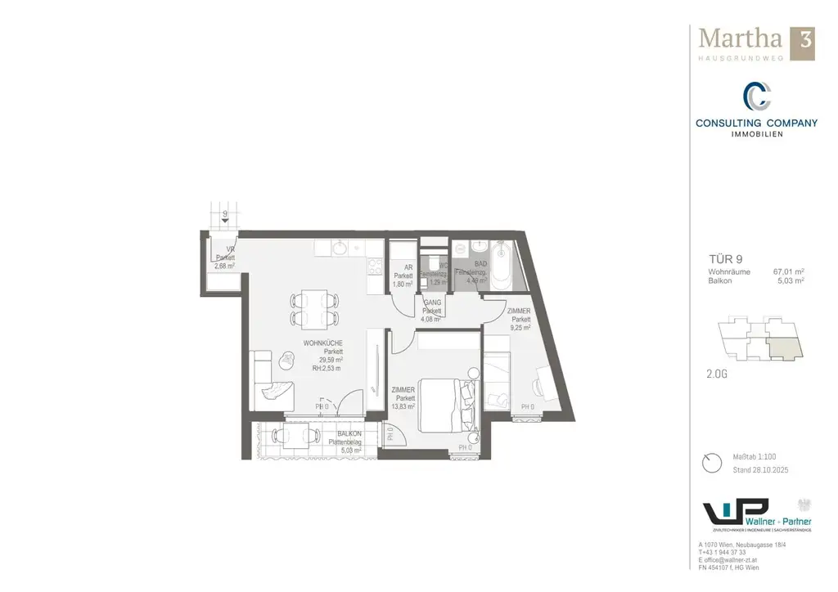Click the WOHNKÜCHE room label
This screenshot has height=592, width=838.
click(322, 343)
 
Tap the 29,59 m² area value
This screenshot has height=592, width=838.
click(331, 360)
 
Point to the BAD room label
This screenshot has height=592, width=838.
click(481, 263)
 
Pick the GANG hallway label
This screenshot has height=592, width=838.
click(431, 303)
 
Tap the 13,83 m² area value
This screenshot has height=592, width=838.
click(403, 406)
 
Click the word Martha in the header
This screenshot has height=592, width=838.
click(739, 39)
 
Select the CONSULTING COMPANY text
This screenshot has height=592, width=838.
click(756, 123)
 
